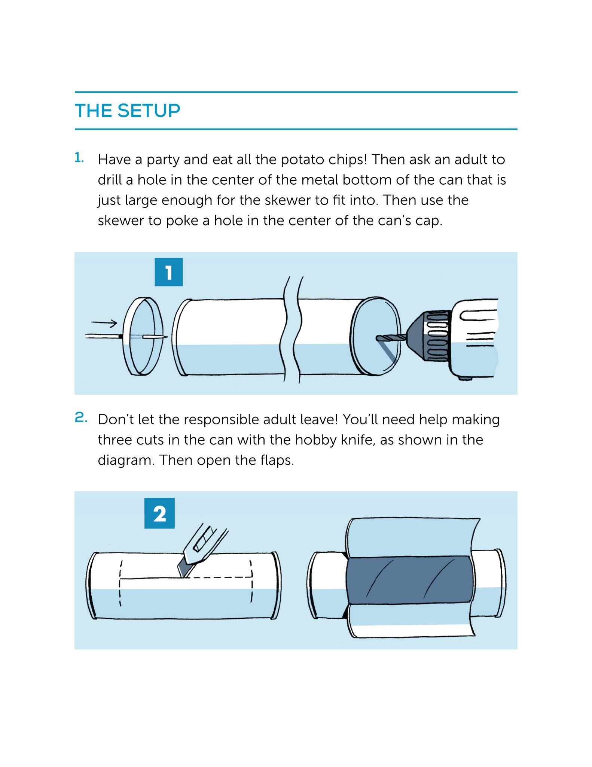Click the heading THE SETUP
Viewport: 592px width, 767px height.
click(x=128, y=111)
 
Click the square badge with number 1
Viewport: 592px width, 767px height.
click(x=169, y=272)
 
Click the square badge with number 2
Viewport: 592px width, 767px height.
click(x=159, y=513)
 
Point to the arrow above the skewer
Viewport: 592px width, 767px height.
click(x=104, y=322)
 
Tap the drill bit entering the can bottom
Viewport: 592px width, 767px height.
click(x=391, y=338)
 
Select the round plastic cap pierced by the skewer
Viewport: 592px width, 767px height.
click(x=143, y=336)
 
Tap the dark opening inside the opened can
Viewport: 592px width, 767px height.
click(x=408, y=580)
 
